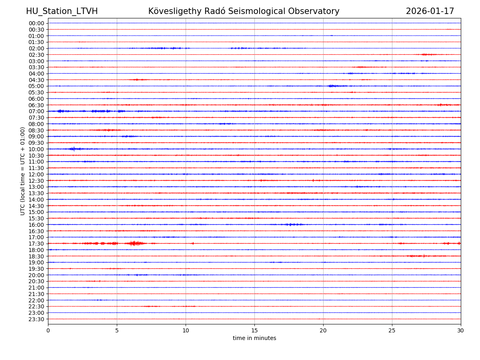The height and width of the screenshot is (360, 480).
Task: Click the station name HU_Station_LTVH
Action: [62, 12]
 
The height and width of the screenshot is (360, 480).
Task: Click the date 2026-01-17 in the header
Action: [430, 12]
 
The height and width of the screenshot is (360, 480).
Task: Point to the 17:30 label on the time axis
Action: [36, 244]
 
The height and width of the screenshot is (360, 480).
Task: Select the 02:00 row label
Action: [36, 48]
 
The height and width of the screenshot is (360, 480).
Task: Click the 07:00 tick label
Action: [36, 111]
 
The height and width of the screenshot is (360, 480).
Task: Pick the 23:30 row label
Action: [36, 319]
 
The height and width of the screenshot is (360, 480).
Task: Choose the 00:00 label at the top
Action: [36, 23]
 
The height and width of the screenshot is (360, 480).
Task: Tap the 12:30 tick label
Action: [36, 181]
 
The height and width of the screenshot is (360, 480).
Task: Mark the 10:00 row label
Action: [36, 149]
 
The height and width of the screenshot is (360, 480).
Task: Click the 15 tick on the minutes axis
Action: [254, 331]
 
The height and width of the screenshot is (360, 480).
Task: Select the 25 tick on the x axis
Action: [392, 331]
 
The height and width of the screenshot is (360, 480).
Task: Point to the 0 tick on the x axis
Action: [48, 331]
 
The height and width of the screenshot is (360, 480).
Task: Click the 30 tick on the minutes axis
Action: [461, 331]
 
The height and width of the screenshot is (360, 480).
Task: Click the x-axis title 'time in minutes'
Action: [254, 338]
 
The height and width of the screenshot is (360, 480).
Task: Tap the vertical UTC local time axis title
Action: [23, 171]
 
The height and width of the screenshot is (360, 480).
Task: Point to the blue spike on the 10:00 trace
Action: [74, 149]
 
